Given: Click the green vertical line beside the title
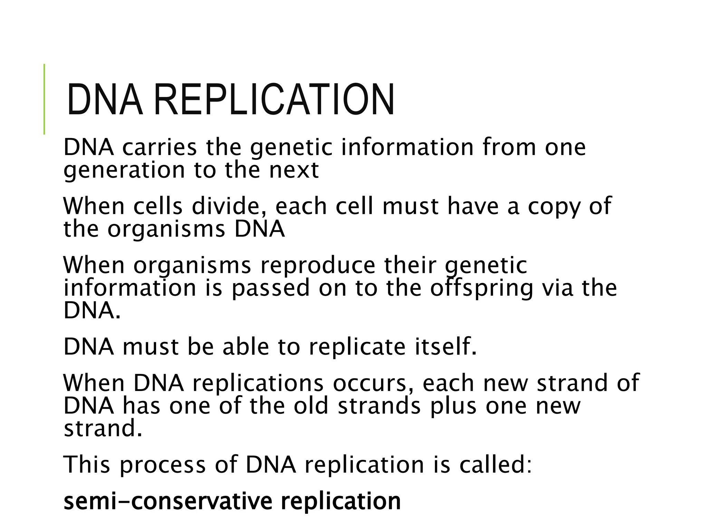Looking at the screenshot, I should point(44,99).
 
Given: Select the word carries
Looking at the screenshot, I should point(159,147).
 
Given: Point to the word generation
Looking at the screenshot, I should point(124,170).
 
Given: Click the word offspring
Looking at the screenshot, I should point(481,289).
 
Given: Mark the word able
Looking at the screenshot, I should point(245,347).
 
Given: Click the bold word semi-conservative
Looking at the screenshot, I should point(168,501).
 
